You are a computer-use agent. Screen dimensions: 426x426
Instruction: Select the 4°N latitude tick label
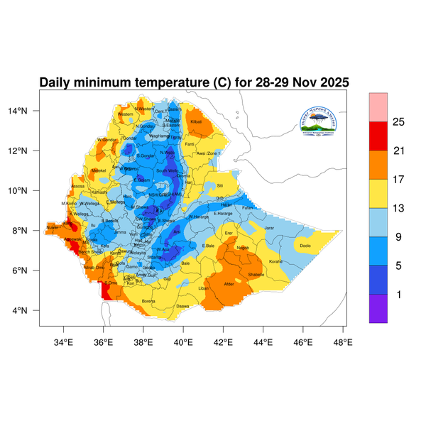tap(30, 311)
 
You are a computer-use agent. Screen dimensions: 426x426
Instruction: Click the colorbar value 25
tap(398, 122)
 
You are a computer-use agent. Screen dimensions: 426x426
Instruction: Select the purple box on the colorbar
tap(378, 308)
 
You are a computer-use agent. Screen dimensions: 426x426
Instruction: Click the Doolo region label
tap(305, 246)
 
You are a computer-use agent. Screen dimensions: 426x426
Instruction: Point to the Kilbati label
tap(197, 122)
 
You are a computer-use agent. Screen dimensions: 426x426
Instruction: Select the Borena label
tap(148, 301)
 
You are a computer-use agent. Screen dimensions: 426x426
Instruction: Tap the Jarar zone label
tap(268, 228)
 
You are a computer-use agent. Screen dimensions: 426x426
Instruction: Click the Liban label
tap(203, 288)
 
